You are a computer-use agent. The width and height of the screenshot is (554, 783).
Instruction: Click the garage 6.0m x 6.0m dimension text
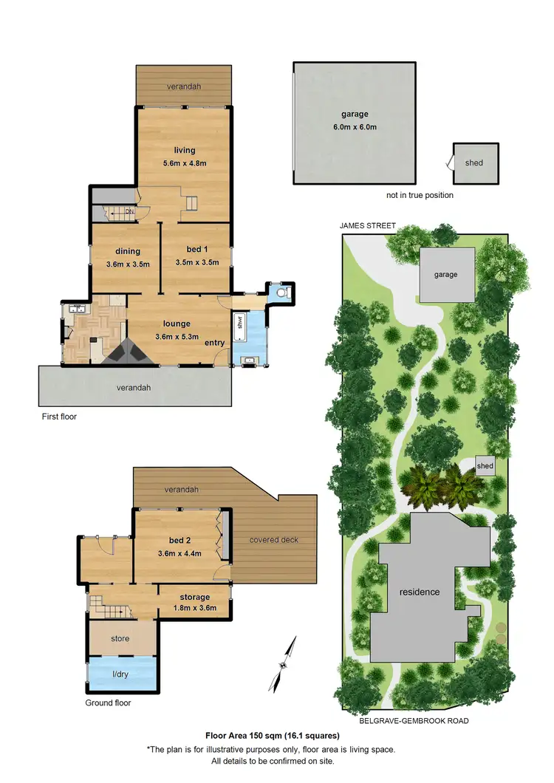tap(355, 127)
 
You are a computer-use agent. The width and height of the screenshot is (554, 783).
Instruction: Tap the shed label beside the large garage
tap(474, 163)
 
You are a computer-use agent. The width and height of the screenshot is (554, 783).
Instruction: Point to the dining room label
tap(128, 251)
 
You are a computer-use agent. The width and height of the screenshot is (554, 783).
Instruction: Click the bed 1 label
tap(197, 251)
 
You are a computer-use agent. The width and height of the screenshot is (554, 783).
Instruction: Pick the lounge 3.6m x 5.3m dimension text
tap(177, 337)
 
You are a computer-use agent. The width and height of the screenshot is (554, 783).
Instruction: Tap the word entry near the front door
tap(215, 343)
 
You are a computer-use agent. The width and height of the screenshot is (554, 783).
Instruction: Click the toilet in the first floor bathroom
tap(281, 293)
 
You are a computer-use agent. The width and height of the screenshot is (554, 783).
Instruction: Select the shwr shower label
tap(239, 324)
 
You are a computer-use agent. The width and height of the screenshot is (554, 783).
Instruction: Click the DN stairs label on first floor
tap(129, 212)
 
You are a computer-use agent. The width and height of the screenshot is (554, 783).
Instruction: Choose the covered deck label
tap(273, 539)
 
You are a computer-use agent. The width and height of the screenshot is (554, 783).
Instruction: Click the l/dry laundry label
tap(122, 674)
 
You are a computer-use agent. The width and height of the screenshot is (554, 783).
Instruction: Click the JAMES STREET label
tap(368, 225)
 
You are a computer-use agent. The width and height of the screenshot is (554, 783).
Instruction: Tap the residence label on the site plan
tap(420, 592)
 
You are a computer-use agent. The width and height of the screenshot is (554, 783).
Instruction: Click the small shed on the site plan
tap(485, 466)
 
